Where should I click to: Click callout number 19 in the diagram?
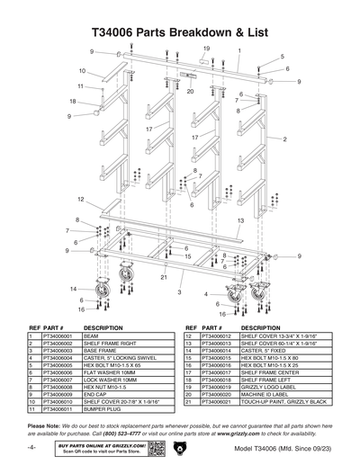pos(206,48)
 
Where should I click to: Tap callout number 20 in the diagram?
pos(190,91)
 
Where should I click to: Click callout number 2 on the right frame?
pos(284,140)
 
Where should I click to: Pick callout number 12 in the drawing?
pos(80,199)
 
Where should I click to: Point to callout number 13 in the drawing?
pos(241,220)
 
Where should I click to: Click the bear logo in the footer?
pos(180,447)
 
